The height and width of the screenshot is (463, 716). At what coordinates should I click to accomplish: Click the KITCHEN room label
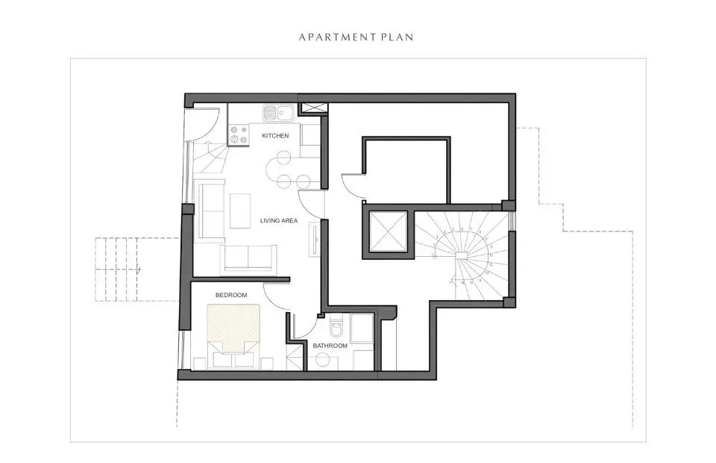tap(275, 135)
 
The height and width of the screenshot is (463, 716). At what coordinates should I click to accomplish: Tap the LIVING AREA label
tap(280, 220)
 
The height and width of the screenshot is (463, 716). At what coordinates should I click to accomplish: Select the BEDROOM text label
tap(231, 296)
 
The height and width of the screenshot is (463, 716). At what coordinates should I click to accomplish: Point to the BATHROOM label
tap(330, 346)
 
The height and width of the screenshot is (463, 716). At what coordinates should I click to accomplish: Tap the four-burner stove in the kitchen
tap(239, 134)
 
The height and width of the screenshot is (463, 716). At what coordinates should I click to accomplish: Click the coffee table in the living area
tap(239, 211)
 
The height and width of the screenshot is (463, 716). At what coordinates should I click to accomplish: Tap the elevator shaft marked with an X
tap(386, 232)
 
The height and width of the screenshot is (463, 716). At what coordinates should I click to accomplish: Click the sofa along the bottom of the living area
tap(248, 259)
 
